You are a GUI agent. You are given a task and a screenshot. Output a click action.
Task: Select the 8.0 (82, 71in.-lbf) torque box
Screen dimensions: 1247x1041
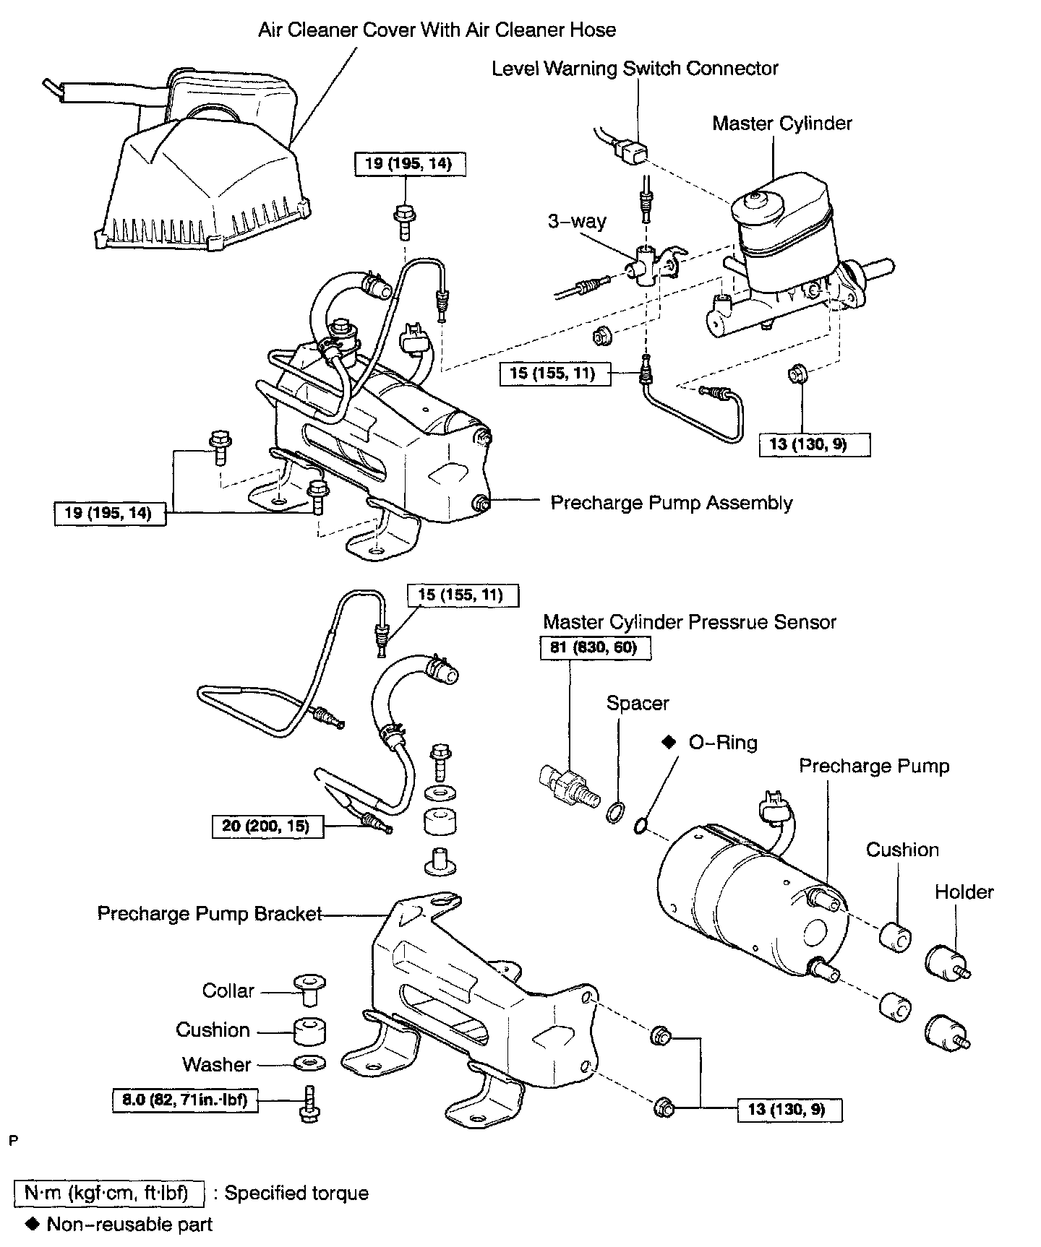pyautogui.click(x=185, y=1100)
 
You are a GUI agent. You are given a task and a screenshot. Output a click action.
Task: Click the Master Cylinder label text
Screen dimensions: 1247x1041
pyautogui.click(x=782, y=124)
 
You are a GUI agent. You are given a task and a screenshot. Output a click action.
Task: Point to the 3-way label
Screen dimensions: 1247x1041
pyautogui.click(x=577, y=221)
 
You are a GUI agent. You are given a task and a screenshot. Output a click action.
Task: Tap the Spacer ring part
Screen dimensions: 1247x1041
pyautogui.click(x=614, y=813)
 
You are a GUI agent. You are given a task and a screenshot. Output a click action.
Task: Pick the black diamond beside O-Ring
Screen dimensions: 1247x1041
pyautogui.click(x=668, y=742)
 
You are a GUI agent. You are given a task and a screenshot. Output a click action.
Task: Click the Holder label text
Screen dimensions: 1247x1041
pyautogui.click(x=964, y=892)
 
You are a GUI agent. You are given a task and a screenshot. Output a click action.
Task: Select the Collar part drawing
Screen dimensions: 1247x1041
pyautogui.click(x=310, y=989)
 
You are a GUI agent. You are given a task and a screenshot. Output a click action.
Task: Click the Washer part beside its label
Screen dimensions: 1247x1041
pyautogui.click(x=310, y=1063)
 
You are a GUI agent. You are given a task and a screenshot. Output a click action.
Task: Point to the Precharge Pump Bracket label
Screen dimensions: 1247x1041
pyautogui.click(x=209, y=914)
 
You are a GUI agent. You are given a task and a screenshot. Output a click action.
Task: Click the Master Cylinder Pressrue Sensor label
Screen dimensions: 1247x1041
pyautogui.click(x=690, y=622)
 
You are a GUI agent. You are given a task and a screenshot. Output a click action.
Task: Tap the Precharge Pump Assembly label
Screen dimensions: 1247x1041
pyautogui.click(x=672, y=503)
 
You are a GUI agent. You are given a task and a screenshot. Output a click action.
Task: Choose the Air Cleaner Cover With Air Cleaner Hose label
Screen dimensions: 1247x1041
pyautogui.click(x=437, y=30)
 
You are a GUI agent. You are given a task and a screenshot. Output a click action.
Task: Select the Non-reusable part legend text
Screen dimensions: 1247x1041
pyautogui.click(x=130, y=1225)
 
